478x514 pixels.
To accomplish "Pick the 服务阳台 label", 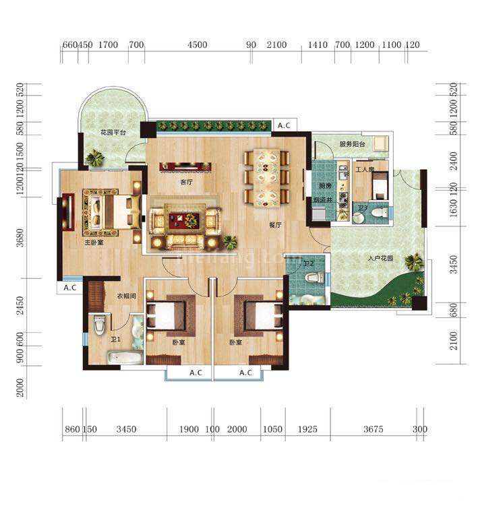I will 352,144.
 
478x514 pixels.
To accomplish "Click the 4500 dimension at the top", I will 197,45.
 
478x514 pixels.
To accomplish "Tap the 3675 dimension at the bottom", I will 374,429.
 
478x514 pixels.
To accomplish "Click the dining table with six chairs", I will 266,176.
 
